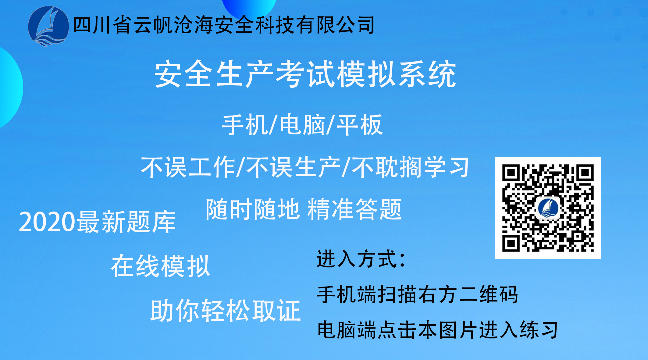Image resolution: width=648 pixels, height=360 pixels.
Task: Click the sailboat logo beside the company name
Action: click(48, 26)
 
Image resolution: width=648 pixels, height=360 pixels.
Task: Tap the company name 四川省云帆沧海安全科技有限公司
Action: click(224, 25)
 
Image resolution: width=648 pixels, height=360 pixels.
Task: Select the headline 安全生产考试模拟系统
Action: click(305, 74)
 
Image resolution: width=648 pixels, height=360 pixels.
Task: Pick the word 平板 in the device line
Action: click(359, 125)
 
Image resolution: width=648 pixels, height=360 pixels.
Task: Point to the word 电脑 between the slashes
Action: click(302, 125)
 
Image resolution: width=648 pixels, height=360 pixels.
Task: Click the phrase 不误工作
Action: click(188, 167)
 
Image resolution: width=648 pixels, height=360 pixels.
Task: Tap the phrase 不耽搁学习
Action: click(411, 167)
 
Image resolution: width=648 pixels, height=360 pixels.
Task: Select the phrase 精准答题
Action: click(354, 209)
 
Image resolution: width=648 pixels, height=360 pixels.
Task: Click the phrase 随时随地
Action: click(253, 209)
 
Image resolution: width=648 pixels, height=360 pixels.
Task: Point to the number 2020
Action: click(47, 222)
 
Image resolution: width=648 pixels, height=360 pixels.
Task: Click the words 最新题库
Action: click(126, 222)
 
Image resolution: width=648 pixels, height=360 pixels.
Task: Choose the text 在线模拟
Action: click(160, 266)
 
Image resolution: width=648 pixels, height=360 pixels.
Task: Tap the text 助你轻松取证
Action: click(226, 310)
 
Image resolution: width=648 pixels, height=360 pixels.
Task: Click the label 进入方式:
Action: click(361, 259)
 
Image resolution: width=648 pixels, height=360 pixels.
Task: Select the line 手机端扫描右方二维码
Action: click(417, 294)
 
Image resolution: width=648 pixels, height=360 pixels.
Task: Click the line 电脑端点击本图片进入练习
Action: click(437, 330)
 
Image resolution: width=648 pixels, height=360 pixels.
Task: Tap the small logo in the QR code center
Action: click(548, 208)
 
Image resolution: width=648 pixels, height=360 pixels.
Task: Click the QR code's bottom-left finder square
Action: click(511, 243)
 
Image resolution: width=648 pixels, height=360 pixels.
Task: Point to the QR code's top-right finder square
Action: click(585, 173)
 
